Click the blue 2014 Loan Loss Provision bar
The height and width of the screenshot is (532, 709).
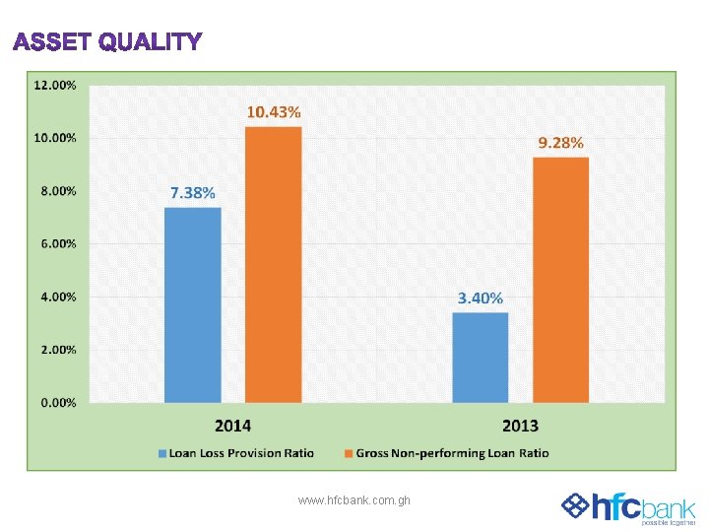coord(192,304)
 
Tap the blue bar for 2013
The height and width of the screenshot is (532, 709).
coord(480,357)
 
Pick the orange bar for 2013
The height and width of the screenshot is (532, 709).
coord(560,280)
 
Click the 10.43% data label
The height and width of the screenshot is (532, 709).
coord(273,112)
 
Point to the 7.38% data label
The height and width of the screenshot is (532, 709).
coord(192,193)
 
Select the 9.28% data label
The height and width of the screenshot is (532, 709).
coord(560,143)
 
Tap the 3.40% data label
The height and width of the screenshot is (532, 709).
coord(480,298)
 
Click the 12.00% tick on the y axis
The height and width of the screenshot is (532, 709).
coord(55,85)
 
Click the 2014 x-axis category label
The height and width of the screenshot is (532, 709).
coord(232,426)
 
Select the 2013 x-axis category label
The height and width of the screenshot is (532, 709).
coord(520,426)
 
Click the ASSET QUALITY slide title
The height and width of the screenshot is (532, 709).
coord(107,42)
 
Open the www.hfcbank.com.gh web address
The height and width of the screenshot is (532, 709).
coord(354,500)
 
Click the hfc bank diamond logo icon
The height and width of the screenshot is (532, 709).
coord(574,506)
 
